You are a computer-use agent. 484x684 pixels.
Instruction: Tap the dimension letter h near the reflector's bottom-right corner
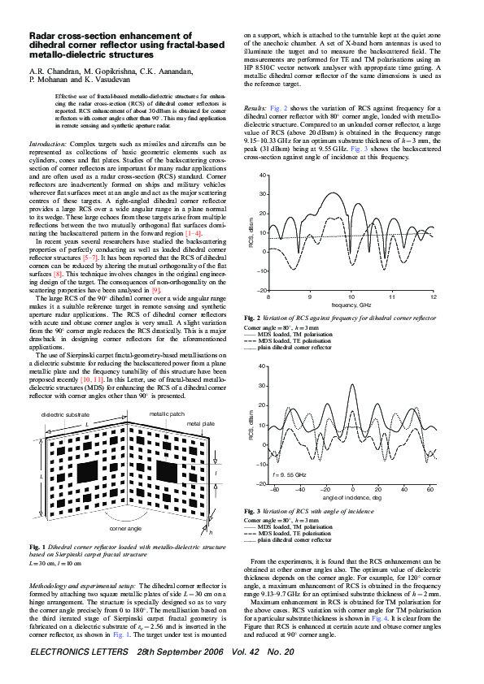click(x=211, y=533)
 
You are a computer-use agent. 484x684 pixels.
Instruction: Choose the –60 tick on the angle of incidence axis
click(x=275, y=491)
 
